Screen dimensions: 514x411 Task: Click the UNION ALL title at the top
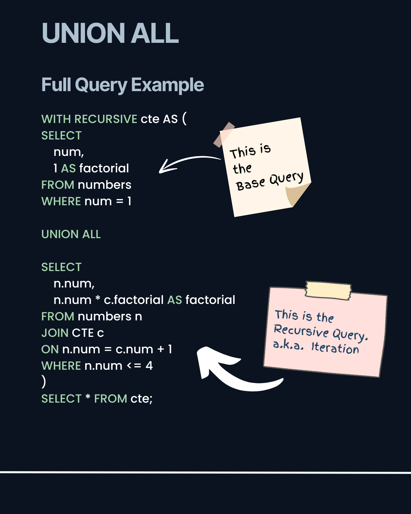click(x=110, y=33)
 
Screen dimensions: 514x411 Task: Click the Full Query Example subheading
click(x=123, y=85)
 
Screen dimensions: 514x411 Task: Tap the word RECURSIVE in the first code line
click(x=106, y=119)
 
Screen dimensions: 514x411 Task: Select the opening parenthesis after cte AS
click(x=184, y=119)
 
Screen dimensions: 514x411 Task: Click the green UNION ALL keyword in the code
click(x=71, y=234)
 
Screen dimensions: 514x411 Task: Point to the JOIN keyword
click(x=55, y=333)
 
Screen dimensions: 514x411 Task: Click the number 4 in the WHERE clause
click(x=149, y=366)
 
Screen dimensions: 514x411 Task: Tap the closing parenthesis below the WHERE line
click(x=43, y=381)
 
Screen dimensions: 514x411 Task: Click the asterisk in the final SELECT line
click(x=88, y=397)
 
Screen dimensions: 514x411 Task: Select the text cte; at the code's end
click(x=141, y=399)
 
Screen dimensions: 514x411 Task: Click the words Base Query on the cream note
click(x=270, y=181)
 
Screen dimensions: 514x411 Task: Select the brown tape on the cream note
click(x=224, y=134)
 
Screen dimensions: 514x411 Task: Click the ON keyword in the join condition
click(x=50, y=349)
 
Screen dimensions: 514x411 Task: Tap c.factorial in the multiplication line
click(x=134, y=300)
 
